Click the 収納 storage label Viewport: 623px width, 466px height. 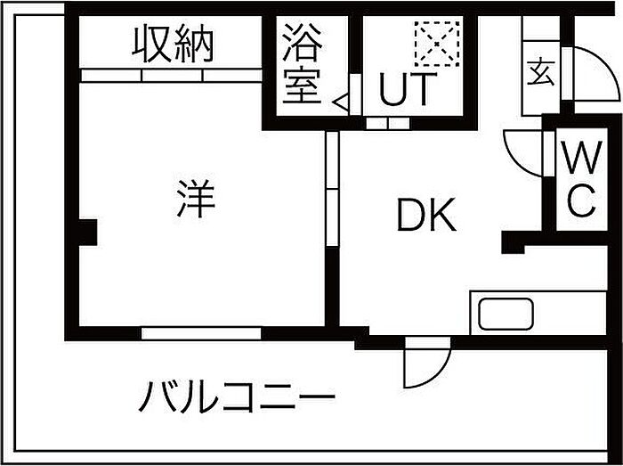click(173, 44)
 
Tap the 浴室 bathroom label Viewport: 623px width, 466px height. click(303, 63)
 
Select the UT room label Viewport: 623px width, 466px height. click(405, 89)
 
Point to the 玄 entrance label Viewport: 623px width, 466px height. click(541, 71)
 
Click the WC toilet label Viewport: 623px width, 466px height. click(581, 178)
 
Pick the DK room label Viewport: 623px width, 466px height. click(426, 215)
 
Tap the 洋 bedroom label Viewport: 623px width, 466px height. click(196, 199)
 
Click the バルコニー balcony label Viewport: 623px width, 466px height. click(237, 396)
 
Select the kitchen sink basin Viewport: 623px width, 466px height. click(506, 314)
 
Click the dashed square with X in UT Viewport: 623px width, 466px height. click(437, 44)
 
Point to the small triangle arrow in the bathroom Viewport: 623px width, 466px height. click(341, 102)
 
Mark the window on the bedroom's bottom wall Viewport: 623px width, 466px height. click(201, 333)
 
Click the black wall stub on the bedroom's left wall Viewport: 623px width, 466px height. click(87, 233)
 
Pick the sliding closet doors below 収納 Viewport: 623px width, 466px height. click(171, 76)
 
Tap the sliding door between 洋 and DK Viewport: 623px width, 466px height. click(332, 189)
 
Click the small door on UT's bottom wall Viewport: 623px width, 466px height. click(387, 123)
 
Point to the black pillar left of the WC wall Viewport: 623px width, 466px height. click(513, 241)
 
